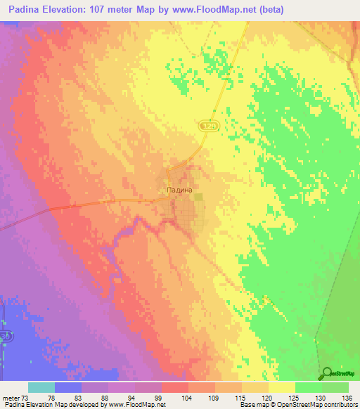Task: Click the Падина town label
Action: (x=174, y=190)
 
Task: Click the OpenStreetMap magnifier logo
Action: (x=328, y=373)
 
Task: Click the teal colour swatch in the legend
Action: (x=41, y=387)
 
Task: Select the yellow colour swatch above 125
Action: (x=281, y=387)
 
